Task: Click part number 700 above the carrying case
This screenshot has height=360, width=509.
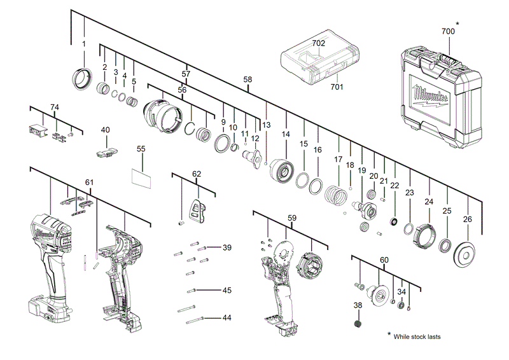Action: (x=448, y=31)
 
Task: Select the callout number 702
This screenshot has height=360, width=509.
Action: (x=319, y=43)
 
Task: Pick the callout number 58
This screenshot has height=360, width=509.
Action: (x=248, y=80)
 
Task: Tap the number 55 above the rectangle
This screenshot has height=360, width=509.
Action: (x=141, y=148)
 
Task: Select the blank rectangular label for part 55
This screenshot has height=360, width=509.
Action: (x=142, y=177)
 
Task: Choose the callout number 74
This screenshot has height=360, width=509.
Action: (x=55, y=107)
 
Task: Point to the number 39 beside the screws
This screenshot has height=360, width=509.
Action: (x=227, y=247)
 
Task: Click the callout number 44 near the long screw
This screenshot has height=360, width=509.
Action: (x=227, y=317)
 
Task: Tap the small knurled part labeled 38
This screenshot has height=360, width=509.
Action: (x=358, y=324)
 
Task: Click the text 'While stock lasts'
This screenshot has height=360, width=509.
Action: (x=417, y=336)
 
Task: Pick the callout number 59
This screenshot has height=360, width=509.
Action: (x=291, y=218)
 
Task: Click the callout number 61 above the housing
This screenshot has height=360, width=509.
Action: (x=89, y=183)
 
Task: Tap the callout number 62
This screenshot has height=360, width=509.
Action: (x=197, y=174)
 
